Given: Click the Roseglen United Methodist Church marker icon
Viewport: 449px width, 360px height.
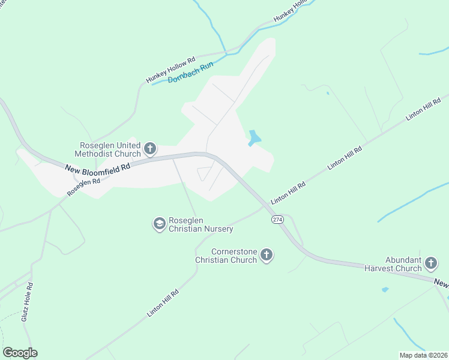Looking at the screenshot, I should tap(150, 148).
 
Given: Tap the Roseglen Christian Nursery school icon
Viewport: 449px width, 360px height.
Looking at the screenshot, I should tap(159, 224).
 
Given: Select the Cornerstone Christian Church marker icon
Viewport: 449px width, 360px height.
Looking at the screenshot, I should tap(267, 256).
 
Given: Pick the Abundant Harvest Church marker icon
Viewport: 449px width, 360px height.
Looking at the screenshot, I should tap(430, 263).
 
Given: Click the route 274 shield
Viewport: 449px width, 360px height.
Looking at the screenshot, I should tap(277, 220).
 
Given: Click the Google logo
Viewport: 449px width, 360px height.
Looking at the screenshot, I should tap(20, 353).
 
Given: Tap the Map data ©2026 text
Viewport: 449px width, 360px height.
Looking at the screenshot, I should tap(424, 355).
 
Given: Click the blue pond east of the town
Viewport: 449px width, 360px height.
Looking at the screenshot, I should tap(255, 139).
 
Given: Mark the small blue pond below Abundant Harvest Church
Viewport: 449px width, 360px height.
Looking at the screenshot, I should tap(385, 290).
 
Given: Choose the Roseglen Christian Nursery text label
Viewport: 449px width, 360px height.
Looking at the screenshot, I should tap(200, 224).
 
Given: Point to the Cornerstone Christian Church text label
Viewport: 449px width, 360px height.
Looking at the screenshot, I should tap(226, 256).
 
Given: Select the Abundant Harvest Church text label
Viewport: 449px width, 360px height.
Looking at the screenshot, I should tap(393, 265).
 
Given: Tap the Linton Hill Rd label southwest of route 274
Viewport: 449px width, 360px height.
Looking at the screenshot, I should tap(163, 304).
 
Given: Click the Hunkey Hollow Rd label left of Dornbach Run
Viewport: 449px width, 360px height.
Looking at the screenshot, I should tap(171, 70).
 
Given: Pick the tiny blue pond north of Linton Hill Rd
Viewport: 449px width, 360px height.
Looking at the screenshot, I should tap(327, 93).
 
